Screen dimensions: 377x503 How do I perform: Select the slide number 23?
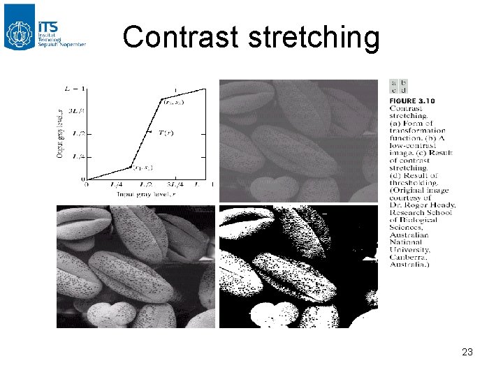click(x=467, y=353)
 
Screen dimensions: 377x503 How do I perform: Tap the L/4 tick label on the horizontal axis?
click(x=116, y=184)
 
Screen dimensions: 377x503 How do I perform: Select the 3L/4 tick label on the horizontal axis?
click(x=175, y=184)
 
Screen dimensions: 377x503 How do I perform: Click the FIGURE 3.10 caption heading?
click(x=412, y=101)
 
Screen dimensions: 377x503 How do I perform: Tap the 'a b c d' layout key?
click(x=399, y=87)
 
